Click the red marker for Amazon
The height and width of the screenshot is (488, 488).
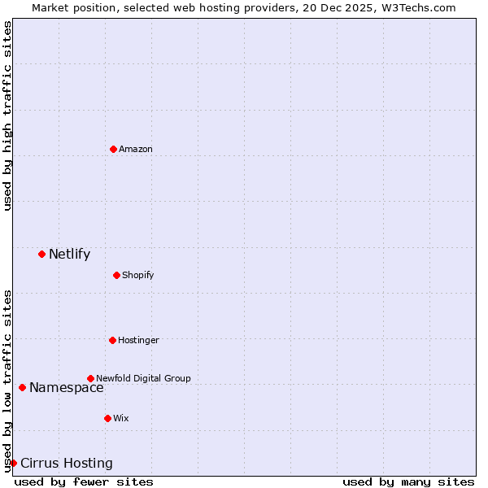113,149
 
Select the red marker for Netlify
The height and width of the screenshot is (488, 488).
41,254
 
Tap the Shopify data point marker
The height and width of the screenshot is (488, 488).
116,275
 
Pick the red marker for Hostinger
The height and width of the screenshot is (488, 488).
112,340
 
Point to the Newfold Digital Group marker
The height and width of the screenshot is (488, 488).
90,378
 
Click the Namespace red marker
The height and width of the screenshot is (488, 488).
22,387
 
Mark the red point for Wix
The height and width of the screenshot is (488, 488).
107,418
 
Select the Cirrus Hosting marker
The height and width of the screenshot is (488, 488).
13,463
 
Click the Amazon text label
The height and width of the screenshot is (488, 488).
136,149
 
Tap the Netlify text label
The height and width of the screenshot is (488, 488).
69,255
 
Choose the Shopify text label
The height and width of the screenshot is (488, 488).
138,275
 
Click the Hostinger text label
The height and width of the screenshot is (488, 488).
138,340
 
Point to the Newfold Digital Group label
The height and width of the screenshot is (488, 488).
143,378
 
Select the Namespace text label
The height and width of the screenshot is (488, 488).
67,388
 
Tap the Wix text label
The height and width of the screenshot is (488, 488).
121,418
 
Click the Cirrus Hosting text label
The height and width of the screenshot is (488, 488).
67,464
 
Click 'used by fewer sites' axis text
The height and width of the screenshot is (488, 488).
84,481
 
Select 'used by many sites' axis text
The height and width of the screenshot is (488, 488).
408,481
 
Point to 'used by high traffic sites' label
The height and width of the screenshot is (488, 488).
7,115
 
